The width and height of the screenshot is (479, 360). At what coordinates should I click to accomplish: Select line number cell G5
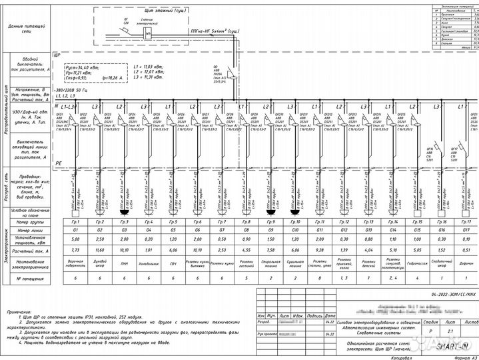(173, 229)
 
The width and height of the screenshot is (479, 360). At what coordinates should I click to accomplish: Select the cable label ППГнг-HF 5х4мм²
(217, 31)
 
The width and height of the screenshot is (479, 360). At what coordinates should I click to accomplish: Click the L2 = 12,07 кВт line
(148, 72)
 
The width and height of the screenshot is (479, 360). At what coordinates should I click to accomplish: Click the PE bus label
(58, 163)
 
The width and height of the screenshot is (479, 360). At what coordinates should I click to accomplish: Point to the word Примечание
(23, 312)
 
